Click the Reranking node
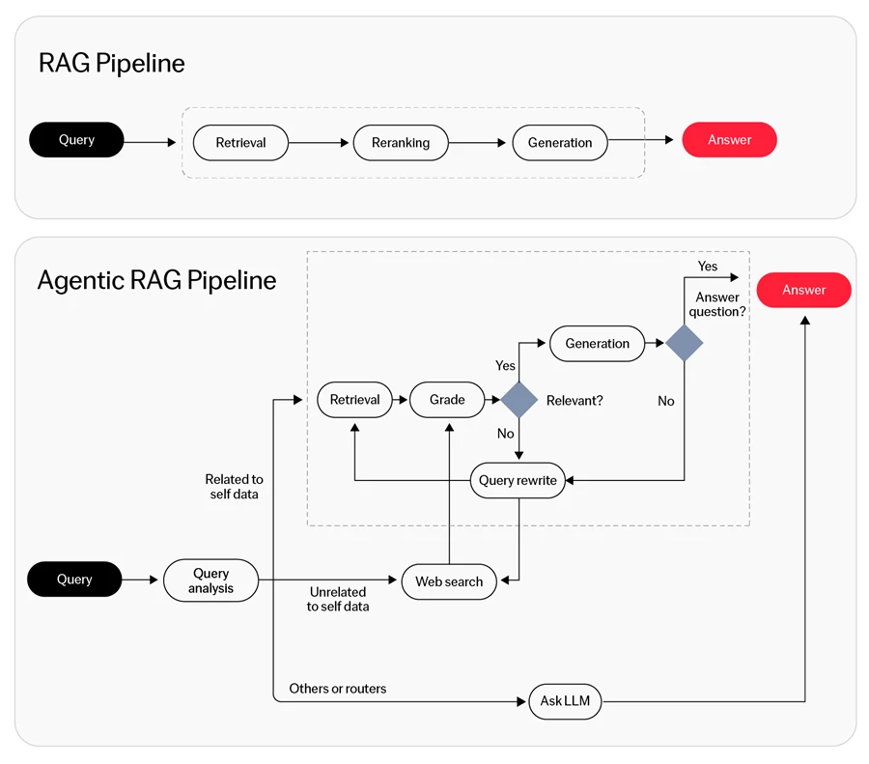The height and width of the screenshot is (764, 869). point(401,143)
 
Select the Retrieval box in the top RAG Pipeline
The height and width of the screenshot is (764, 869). point(240,143)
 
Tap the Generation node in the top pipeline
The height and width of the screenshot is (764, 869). point(560,143)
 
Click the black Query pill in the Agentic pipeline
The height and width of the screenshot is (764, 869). point(74,580)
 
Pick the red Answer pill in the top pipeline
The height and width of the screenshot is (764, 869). point(729,140)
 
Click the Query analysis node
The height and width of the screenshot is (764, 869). point(210,580)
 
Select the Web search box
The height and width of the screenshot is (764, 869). point(449,581)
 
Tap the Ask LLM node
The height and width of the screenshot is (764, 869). point(565,701)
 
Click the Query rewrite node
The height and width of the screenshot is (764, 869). point(518,480)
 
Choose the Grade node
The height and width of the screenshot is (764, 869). point(447,400)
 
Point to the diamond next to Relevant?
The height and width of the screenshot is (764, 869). point(519,400)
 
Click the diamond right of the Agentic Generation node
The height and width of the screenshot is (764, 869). point(685,343)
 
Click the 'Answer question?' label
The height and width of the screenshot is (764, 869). point(717,304)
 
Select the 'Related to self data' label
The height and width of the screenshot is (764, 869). point(234,487)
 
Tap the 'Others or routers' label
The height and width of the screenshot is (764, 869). point(338,689)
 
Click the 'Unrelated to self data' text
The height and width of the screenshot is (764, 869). point(338,600)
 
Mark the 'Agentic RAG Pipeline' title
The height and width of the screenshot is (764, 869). point(156,280)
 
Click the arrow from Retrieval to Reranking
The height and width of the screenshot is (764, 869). point(319,143)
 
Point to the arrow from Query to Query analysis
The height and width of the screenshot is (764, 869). point(140,580)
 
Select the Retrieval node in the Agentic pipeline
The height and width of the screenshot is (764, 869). point(354,400)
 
